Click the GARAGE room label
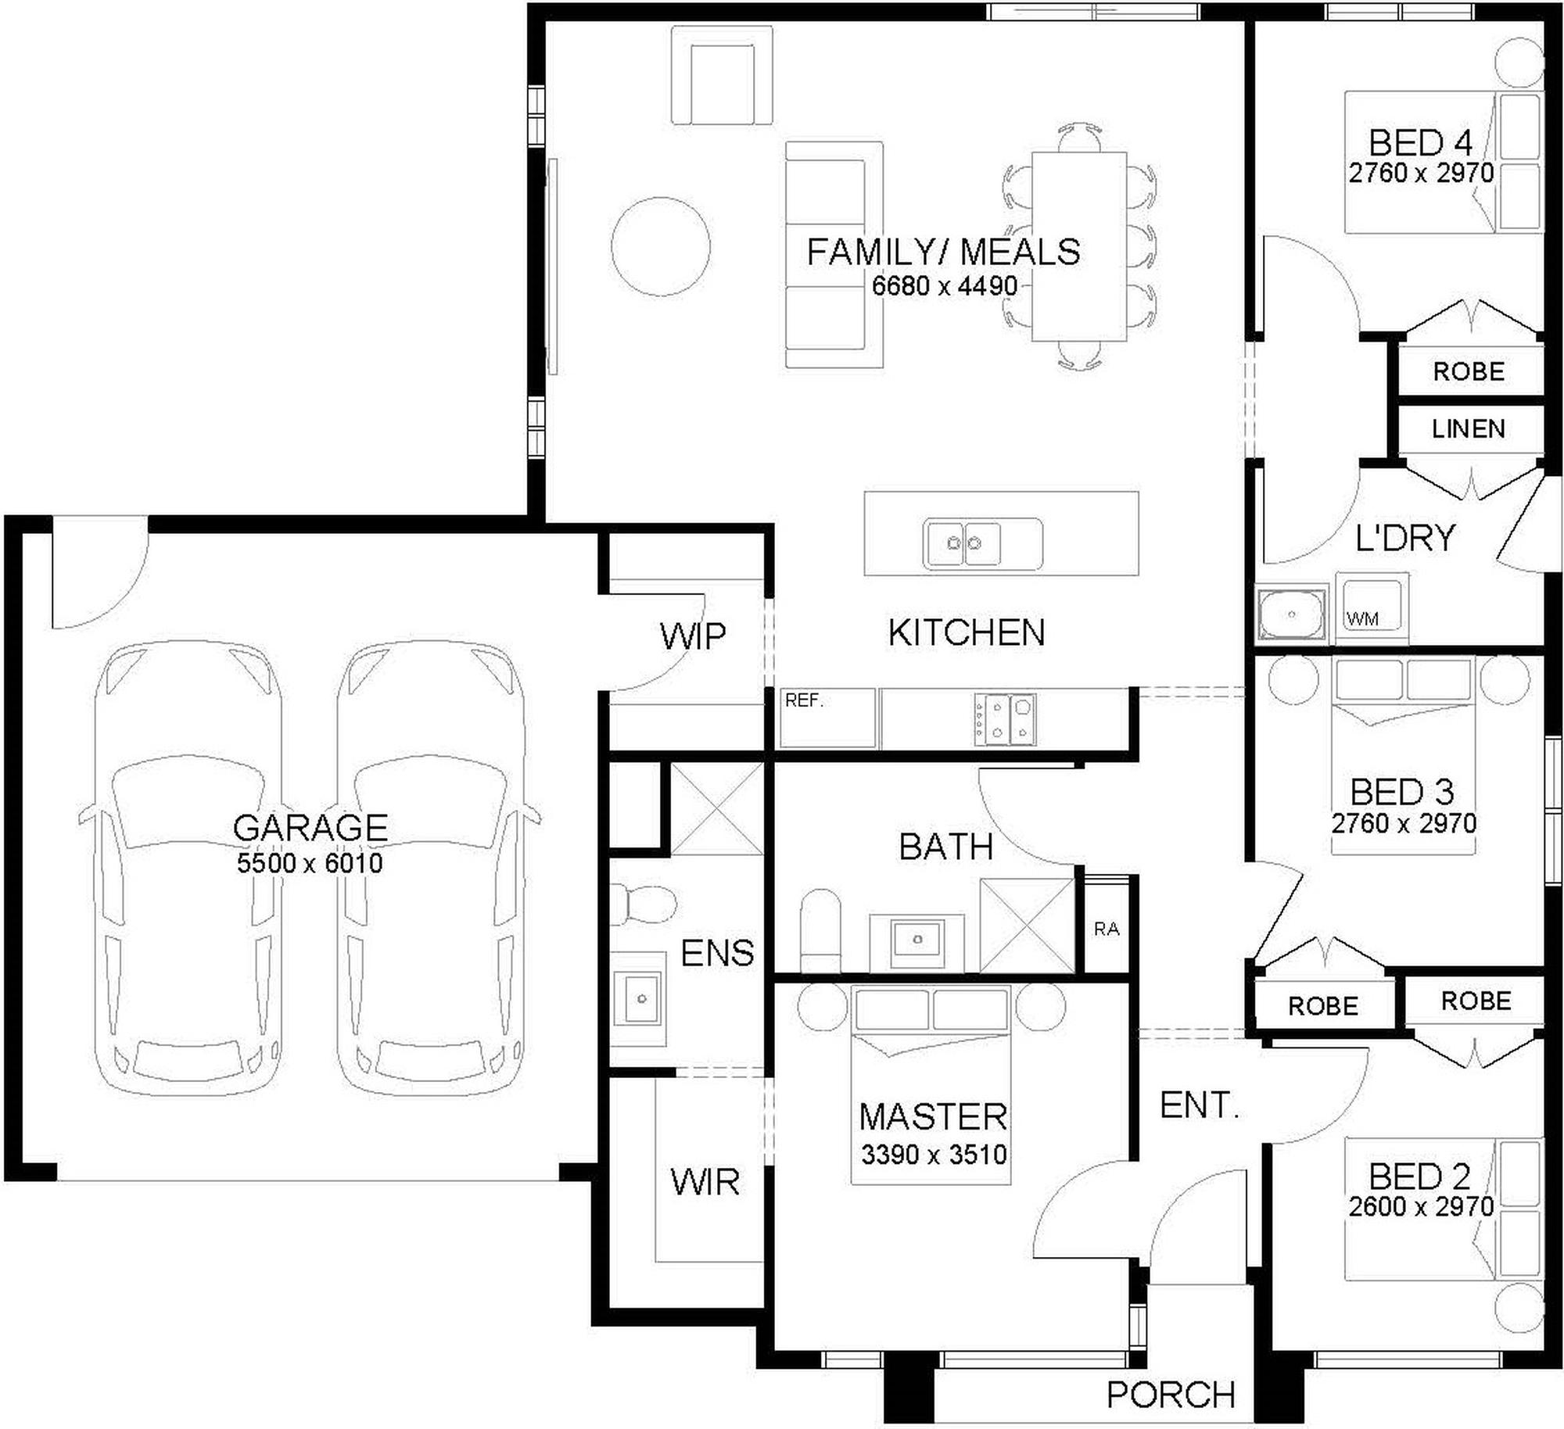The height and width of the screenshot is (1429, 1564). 310,827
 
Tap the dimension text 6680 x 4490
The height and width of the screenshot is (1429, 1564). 945,286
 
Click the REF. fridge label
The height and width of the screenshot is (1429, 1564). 805,700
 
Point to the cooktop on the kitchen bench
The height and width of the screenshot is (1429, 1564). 1005,718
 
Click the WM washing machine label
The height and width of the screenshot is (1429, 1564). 1362,619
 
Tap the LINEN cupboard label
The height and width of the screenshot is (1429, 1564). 1469,428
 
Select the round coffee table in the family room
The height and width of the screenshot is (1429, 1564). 661,246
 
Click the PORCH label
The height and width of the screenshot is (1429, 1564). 1171,1395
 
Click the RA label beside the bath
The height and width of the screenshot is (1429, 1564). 1107,929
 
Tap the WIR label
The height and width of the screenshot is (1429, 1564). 705,1182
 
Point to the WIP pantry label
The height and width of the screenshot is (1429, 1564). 693,636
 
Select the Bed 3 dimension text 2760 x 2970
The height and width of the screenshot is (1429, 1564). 1404,823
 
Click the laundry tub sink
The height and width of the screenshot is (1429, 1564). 1291,614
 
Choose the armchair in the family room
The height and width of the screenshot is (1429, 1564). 722,75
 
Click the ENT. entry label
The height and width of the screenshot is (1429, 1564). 1199,1105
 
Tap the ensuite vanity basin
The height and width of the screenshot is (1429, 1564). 638,998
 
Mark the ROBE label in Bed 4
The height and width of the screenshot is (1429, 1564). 1469,371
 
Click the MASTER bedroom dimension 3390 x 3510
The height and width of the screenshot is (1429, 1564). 934,1154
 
